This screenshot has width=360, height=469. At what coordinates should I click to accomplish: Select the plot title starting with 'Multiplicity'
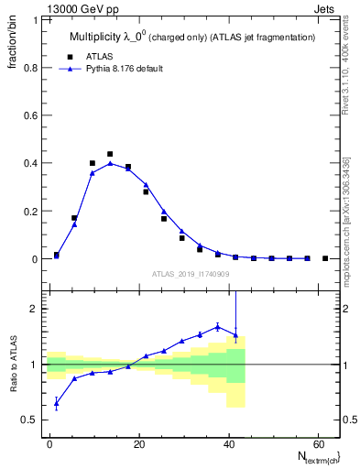192,37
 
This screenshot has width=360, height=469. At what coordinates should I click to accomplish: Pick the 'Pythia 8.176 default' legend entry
136,69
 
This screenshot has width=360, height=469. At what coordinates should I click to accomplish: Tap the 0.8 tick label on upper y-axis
31,68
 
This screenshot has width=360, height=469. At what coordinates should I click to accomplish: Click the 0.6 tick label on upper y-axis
31,115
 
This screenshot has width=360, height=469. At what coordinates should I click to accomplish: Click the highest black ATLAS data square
110,154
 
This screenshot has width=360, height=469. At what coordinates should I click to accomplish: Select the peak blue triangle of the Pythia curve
110,164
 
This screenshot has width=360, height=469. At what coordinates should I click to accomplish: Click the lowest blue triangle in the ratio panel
57,403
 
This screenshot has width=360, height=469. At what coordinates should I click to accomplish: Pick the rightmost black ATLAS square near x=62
325,258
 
